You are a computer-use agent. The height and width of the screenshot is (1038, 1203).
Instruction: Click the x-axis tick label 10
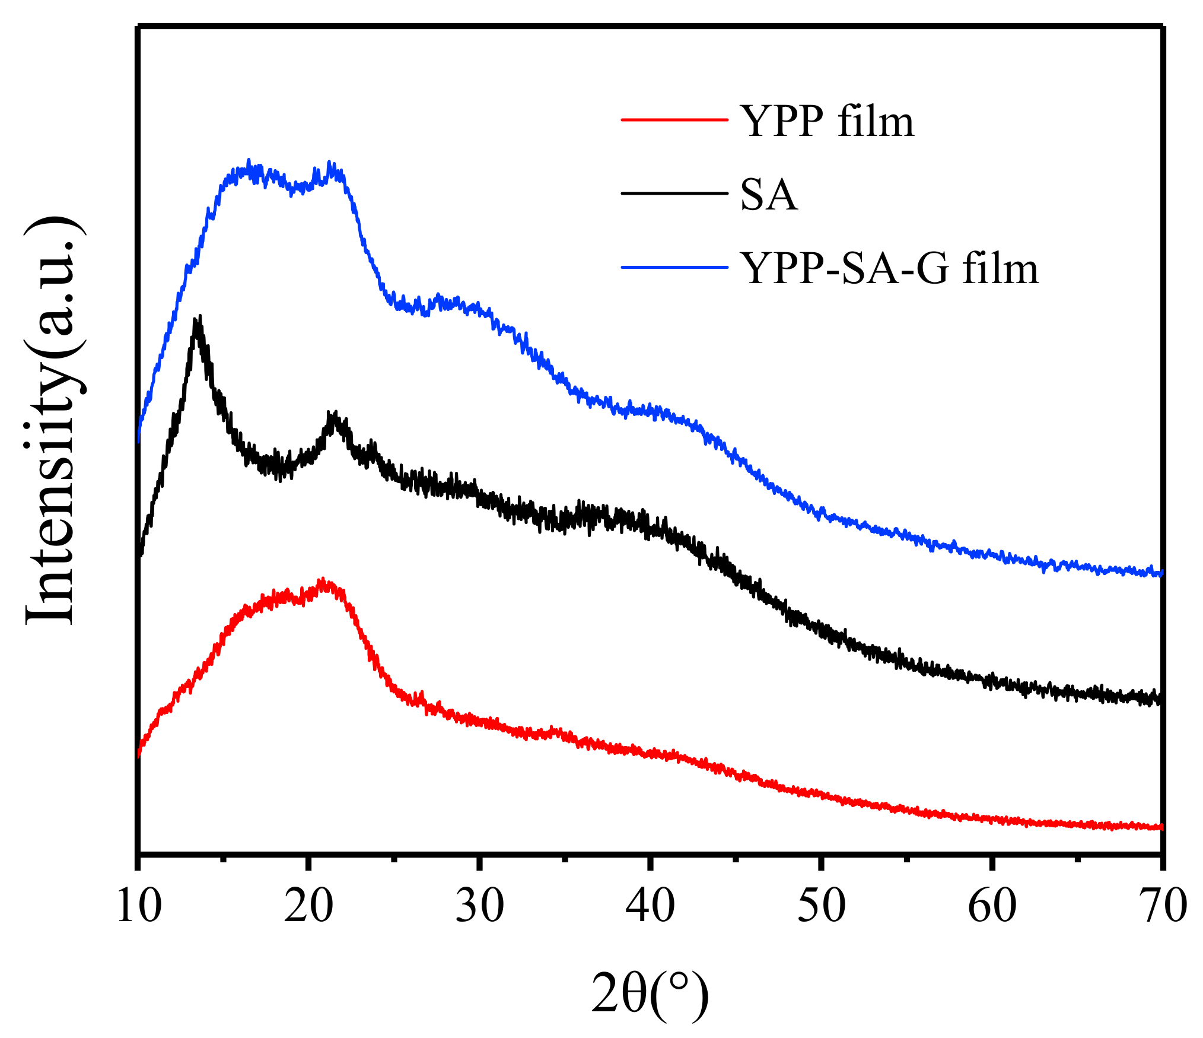(139, 906)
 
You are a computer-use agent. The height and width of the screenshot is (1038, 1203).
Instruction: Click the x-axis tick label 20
(308, 906)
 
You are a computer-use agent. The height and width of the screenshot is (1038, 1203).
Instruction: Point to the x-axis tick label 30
(479, 906)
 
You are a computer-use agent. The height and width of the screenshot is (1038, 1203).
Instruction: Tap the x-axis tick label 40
(650, 906)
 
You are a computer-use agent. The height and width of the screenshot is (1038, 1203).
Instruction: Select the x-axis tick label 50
(821, 906)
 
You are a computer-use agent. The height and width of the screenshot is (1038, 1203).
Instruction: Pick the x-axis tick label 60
(992, 906)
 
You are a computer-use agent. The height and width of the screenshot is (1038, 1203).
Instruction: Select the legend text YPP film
(827, 121)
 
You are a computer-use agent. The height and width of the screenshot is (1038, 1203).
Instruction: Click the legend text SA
(769, 195)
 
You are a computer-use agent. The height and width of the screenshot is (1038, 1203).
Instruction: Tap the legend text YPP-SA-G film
(890, 268)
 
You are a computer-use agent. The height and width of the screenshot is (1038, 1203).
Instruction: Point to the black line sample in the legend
(674, 193)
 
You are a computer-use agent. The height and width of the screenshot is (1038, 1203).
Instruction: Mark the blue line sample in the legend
(674, 268)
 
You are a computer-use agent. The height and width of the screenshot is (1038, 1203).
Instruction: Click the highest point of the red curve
(323, 581)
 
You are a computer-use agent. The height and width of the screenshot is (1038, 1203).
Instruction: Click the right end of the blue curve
(1161, 573)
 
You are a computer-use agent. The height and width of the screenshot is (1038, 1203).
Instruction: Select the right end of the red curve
(1161, 827)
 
